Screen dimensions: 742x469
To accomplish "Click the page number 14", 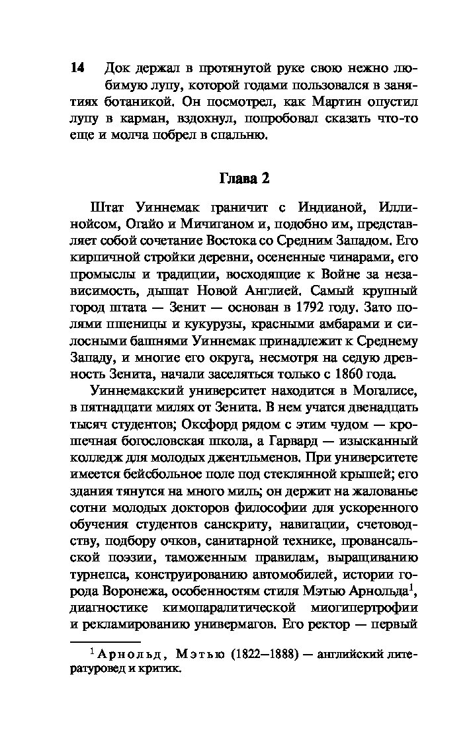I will coord(77,68).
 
